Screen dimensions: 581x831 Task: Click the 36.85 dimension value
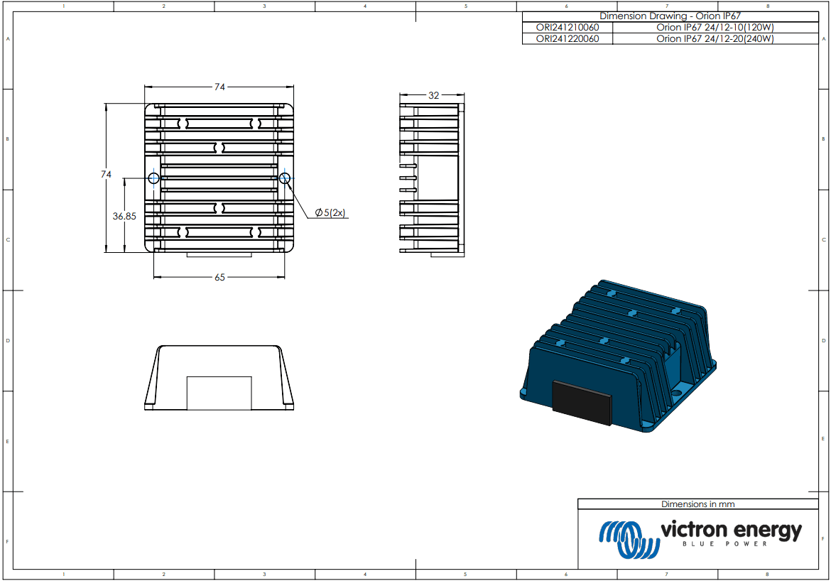(124, 217)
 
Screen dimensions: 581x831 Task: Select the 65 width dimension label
(219, 277)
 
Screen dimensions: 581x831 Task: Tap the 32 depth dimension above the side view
(433, 94)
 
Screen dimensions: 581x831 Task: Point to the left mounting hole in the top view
(153, 178)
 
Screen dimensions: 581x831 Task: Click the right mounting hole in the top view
(285, 178)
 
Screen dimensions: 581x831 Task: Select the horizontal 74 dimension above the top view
(219, 87)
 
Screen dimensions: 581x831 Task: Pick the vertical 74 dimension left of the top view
(106, 174)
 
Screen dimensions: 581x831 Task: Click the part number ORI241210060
(566, 28)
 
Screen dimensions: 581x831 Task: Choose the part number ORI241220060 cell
(566, 39)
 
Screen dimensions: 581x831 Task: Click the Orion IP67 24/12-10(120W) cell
(715, 28)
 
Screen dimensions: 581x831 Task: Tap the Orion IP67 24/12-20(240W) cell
(715, 39)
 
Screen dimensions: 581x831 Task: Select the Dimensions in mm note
(697, 504)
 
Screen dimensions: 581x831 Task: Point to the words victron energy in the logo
(731, 530)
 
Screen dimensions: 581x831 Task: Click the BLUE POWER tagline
(724, 544)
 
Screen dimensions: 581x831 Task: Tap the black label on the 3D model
(582, 402)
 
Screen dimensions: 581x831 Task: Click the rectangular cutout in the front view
(219, 393)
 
